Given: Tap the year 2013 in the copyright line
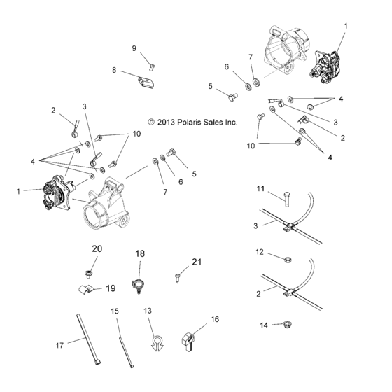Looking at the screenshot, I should coord(165,122).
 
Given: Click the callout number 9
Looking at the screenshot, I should coord(134,48).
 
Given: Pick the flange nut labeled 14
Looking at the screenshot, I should coord(286,324).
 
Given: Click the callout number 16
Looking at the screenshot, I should coord(215,318).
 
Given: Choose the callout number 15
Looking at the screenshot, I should coord(115,310).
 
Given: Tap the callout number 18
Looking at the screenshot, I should coord(140,253).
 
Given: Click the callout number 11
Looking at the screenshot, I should coord(260,188).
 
